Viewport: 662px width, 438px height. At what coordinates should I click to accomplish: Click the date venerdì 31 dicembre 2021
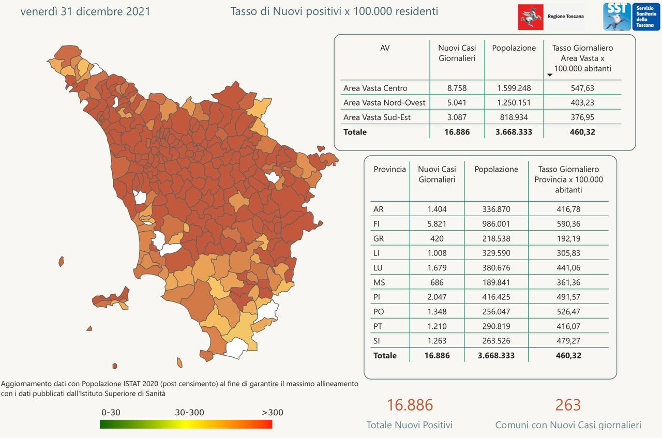[85, 11]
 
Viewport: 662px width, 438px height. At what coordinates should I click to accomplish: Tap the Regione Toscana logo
[551, 17]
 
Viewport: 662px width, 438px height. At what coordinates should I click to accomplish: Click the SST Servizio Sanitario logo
[631, 17]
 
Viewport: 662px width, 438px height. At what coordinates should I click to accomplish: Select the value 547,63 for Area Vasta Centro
[582, 88]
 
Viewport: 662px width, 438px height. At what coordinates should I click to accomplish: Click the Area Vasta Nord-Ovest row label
[384, 102]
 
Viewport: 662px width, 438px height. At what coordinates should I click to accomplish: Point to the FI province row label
[377, 224]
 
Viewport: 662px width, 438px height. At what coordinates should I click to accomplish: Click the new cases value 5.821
[437, 224]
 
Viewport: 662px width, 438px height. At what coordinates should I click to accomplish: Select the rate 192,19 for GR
[568, 238]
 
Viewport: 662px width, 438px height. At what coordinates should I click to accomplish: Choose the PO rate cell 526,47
[568, 311]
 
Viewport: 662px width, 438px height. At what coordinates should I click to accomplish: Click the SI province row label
[376, 341]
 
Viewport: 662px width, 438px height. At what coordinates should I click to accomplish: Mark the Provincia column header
[389, 169]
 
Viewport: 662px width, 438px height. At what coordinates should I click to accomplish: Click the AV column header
[385, 48]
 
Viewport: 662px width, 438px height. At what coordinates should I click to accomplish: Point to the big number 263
[568, 405]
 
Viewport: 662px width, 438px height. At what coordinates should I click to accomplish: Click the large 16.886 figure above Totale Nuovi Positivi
[410, 405]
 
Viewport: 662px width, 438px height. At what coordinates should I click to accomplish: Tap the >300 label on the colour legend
[272, 413]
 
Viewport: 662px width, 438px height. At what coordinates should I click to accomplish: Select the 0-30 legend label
[111, 413]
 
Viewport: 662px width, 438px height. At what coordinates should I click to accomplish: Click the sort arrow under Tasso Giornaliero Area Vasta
[550, 75]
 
